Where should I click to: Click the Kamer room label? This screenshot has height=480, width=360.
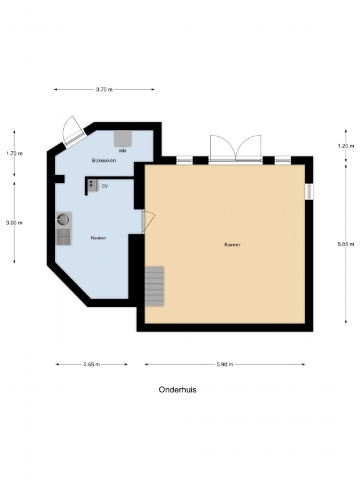pos(232,244)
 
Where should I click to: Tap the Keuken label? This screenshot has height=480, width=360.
pos(99,238)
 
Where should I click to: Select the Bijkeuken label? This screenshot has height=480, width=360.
pos(104,161)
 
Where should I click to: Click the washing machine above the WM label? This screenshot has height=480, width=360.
pos(123,138)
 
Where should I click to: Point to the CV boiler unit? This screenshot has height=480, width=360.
pos(92,185)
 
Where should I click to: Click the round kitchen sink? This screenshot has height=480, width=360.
pos(63,219)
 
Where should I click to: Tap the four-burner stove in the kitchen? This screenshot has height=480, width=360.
pos(64,237)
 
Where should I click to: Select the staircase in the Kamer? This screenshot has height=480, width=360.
pos(154,286)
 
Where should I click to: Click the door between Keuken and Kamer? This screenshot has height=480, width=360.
pos(149,221)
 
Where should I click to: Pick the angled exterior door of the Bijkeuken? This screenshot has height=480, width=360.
pos(74,132)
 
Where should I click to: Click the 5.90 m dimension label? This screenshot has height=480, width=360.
pos(225,364)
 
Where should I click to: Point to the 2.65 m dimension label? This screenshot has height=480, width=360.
pos(91,364)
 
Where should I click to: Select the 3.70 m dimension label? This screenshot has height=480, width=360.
pos(104,90)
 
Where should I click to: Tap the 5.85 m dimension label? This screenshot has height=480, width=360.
pos(346,244)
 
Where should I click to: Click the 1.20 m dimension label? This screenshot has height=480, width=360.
pos(346,146)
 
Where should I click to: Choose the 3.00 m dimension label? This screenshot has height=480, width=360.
pos(14,223)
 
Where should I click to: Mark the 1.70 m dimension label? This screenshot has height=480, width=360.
pos(14,153)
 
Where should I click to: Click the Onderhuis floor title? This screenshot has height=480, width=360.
pos(177,390)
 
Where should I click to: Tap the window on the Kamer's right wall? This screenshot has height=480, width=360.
pos(309,191)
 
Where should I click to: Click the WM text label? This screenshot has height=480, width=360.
pos(122,151)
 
